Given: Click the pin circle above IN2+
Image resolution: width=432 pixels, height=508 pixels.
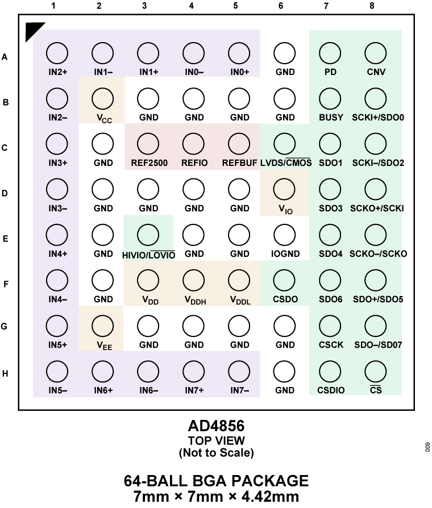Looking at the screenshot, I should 57,53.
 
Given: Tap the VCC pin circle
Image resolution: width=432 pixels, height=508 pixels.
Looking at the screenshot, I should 103,99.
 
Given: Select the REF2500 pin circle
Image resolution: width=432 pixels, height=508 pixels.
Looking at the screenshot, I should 148,144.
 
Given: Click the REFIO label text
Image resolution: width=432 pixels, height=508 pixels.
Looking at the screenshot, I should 194,163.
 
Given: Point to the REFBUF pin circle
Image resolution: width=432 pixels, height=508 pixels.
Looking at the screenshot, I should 239,144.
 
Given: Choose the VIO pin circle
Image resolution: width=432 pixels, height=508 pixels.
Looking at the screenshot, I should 284,190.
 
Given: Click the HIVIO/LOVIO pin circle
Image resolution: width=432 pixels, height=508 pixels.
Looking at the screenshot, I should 148,235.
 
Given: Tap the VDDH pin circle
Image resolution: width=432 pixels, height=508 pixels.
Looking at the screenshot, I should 194,280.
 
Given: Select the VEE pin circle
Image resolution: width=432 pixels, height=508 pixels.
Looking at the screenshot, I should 103,326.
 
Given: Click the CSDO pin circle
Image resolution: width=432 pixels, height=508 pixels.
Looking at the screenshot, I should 284,280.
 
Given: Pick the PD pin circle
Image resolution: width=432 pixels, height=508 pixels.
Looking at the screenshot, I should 330,53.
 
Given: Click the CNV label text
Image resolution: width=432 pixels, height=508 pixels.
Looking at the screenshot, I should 376,72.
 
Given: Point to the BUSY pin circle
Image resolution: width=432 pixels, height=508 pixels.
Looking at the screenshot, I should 330,99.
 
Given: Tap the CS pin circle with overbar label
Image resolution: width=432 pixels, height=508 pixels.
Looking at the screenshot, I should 376,372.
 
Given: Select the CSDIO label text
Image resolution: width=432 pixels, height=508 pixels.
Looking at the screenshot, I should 331,390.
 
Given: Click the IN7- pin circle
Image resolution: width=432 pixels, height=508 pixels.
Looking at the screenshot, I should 239,372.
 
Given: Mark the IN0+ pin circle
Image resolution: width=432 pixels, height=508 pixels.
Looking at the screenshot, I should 239,53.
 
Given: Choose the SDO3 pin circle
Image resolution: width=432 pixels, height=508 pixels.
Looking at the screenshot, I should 330,190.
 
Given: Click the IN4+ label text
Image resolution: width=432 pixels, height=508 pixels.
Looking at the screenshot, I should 57,254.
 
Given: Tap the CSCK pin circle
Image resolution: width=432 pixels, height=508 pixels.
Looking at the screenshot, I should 330,326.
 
